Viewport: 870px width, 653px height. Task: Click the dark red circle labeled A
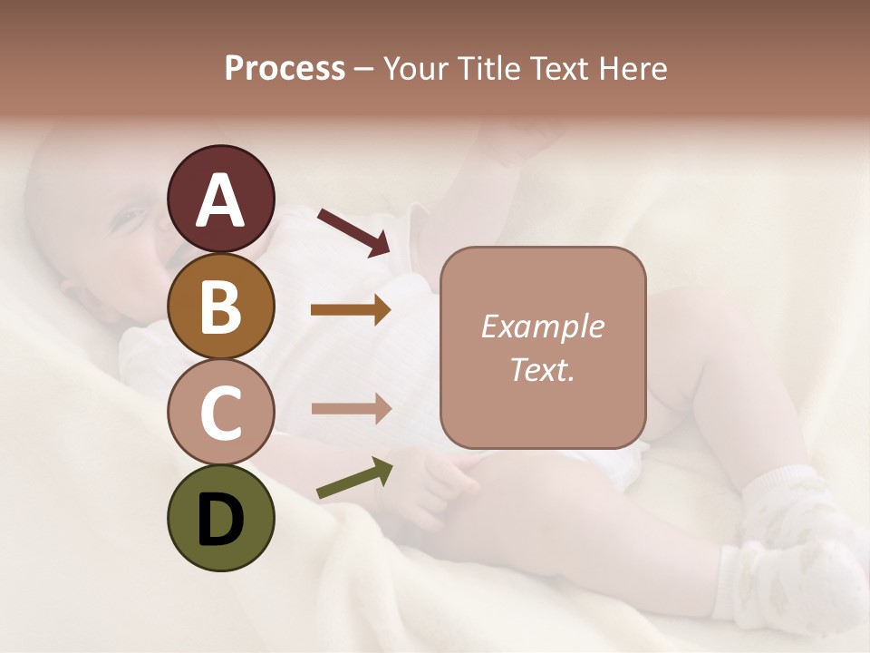click(220, 199)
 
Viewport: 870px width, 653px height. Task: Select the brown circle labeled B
click(220, 306)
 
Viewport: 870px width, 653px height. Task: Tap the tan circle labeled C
click(220, 413)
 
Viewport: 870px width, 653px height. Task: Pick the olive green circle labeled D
click(220, 518)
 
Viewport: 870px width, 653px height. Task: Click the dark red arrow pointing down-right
click(353, 231)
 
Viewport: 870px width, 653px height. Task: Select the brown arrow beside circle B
click(351, 310)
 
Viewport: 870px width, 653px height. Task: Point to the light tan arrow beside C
click(351, 408)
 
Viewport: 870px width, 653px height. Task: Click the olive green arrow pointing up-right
click(354, 479)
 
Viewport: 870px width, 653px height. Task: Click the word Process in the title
click(285, 69)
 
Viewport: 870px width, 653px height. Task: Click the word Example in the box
click(542, 326)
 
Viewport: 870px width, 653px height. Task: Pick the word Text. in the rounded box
click(542, 369)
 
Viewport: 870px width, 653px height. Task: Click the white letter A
click(220, 200)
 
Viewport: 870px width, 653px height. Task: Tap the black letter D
click(220, 520)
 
